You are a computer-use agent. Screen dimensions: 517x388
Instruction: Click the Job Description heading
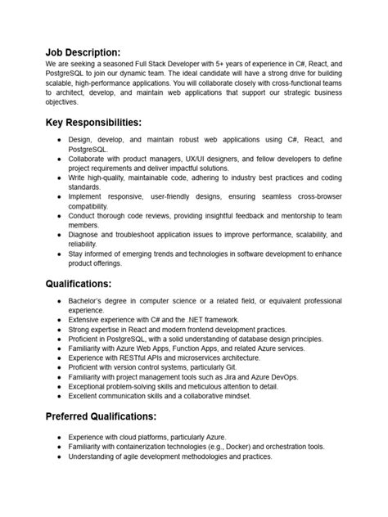[94, 52]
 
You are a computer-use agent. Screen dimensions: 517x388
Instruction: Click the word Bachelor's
[88, 302]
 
